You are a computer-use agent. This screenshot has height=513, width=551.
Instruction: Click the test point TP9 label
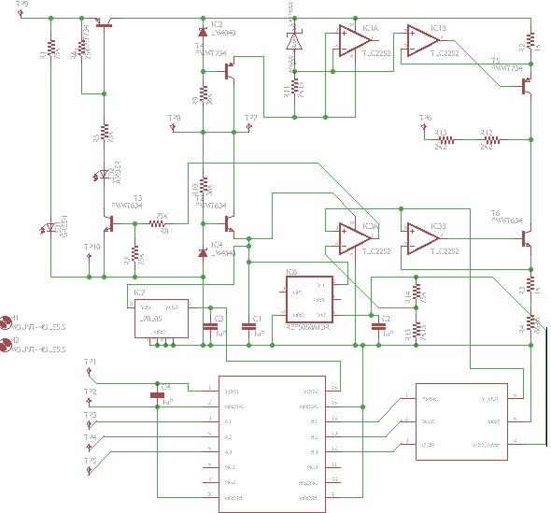(23, 5)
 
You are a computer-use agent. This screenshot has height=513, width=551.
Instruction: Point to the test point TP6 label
(426, 118)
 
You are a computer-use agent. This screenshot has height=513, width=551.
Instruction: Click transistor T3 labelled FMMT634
(109, 224)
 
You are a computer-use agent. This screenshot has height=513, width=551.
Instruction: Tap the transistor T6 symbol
(526, 239)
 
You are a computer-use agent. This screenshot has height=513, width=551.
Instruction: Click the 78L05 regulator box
(157, 318)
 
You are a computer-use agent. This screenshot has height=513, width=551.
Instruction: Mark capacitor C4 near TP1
(157, 394)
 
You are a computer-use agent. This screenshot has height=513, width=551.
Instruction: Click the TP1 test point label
(90, 361)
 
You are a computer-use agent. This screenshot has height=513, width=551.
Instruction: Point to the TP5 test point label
(90, 461)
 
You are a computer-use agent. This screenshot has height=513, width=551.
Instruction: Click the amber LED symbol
(105, 175)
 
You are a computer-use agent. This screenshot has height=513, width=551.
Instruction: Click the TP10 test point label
(92, 247)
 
